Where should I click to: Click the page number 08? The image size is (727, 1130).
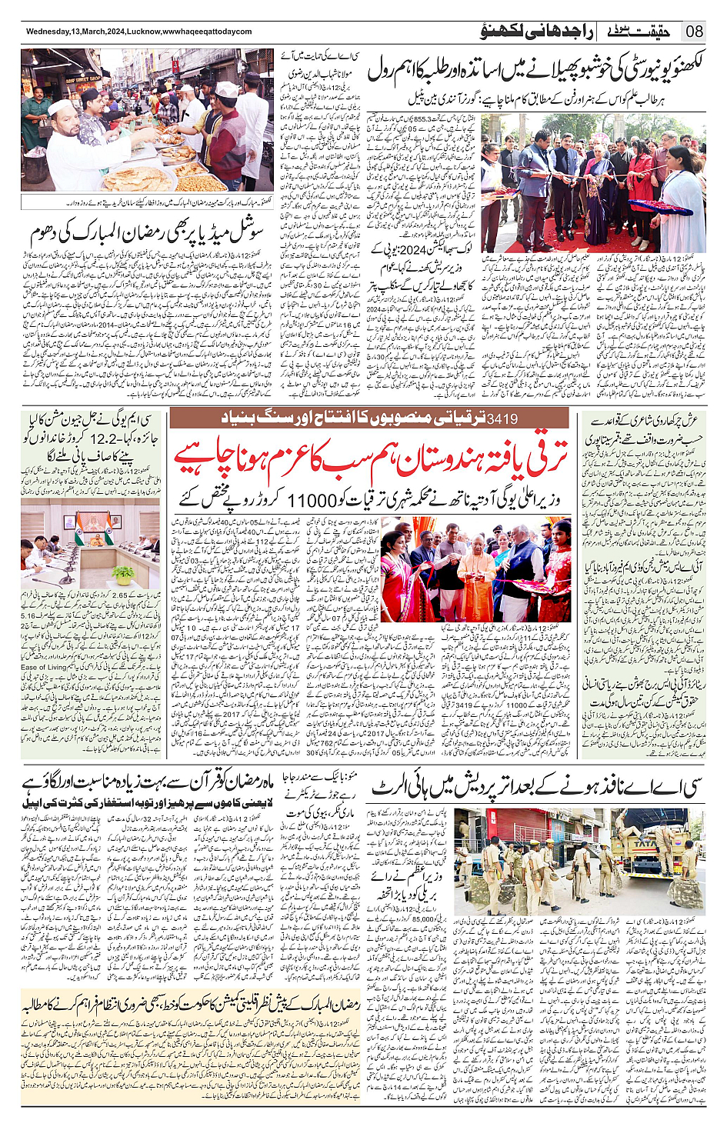pyautogui.click(x=695, y=32)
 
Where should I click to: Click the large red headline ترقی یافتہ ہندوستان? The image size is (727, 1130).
pyautogui.click(x=369, y=459)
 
